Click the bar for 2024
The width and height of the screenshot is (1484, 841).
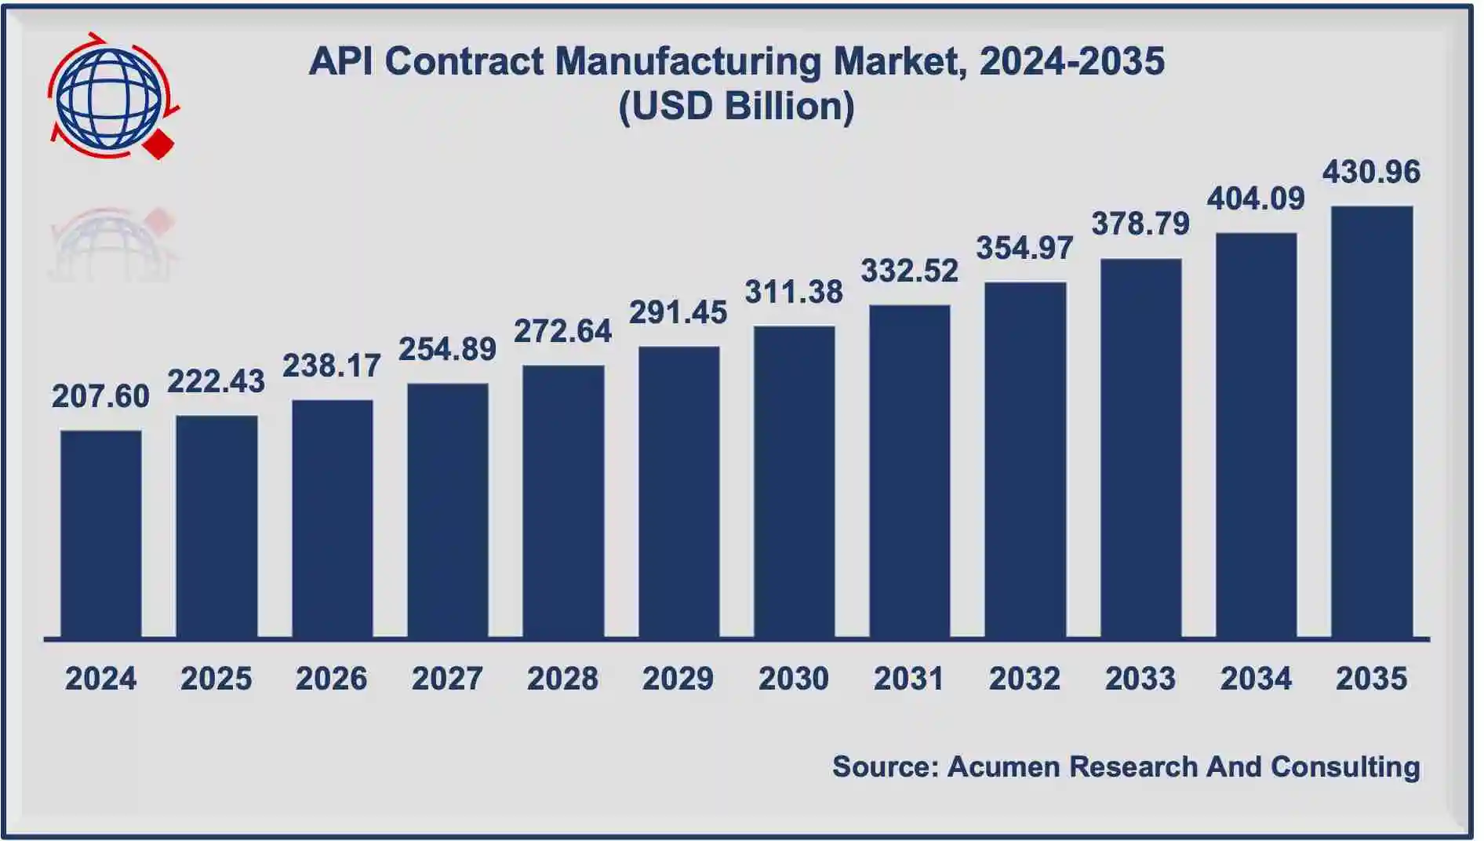(x=101, y=533)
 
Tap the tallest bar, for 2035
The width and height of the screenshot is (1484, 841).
(x=1372, y=421)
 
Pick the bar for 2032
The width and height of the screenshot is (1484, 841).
(x=1025, y=460)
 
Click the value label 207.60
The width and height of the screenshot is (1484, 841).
(x=101, y=396)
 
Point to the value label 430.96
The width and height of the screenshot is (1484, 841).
(x=1371, y=172)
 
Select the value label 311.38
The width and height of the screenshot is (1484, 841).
(x=794, y=292)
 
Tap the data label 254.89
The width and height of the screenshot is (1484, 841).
(x=447, y=349)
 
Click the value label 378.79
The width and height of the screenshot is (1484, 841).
(x=1140, y=224)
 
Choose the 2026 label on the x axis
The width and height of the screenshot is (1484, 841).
(x=331, y=679)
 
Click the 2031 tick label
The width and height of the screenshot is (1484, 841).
(x=909, y=679)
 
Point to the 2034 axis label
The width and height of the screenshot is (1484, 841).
(x=1256, y=679)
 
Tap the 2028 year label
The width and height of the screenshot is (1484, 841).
(x=562, y=679)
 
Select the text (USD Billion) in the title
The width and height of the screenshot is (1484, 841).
(x=737, y=107)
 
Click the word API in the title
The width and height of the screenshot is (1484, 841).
(x=340, y=61)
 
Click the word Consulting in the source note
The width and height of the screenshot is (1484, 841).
(x=1345, y=766)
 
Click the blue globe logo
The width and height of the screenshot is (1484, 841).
(x=109, y=98)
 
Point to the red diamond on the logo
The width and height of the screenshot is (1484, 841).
(x=160, y=144)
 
